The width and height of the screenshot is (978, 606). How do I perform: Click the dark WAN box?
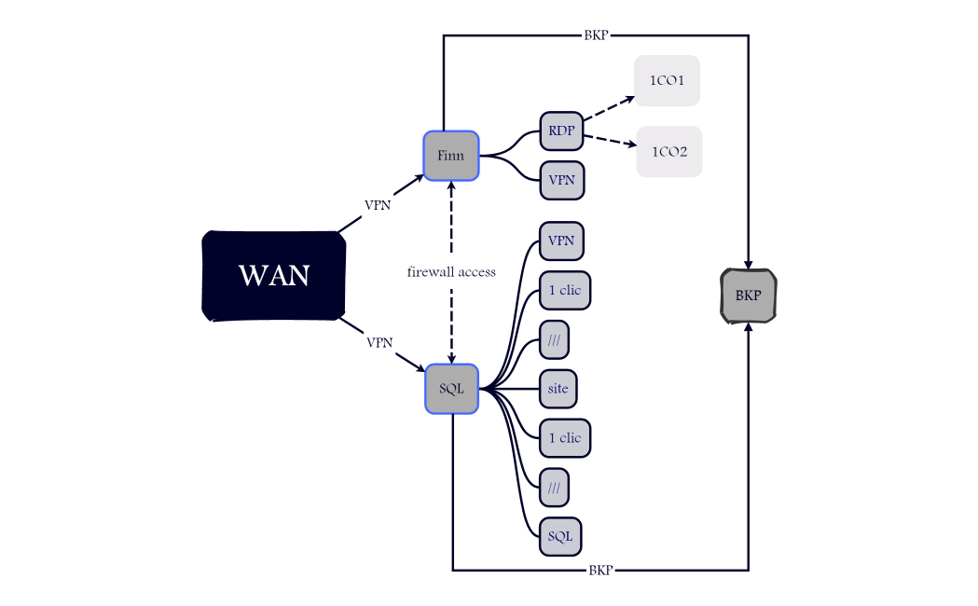(274, 276)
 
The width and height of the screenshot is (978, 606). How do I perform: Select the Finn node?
(450, 156)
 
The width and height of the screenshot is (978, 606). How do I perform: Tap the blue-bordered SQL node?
(451, 388)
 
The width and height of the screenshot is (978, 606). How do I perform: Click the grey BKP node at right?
(748, 296)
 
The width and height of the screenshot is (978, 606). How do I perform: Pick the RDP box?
(561, 131)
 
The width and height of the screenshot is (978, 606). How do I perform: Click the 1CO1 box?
(667, 81)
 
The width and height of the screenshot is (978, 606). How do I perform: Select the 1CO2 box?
(668, 151)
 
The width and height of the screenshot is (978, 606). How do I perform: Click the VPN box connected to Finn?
(561, 180)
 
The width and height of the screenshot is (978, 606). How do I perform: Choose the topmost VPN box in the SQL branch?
(561, 241)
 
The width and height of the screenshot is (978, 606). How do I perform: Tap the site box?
(558, 388)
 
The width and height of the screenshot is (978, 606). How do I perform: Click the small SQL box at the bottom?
(560, 536)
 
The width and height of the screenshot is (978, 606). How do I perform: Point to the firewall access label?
(451, 272)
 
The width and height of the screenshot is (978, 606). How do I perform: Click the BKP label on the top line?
(596, 35)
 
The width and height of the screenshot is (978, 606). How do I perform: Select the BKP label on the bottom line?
(600, 570)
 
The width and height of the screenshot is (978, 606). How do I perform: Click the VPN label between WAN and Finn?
(378, 205)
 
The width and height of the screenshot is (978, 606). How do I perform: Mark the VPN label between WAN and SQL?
(379, 342)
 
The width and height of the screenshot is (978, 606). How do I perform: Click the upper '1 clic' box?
(564, 290)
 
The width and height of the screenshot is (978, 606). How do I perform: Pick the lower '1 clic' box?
(564, 437)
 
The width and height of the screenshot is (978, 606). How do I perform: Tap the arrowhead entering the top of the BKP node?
(748, 264)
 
